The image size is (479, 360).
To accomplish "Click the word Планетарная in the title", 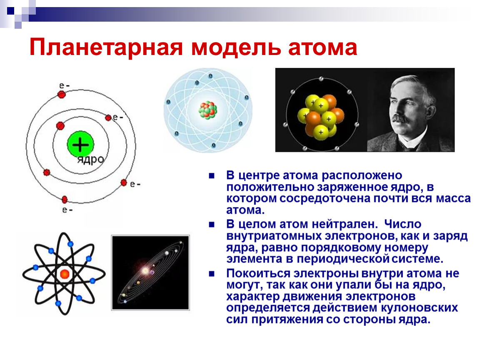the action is (x=106, y=48).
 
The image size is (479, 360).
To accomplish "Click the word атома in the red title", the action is (x=322, y=47).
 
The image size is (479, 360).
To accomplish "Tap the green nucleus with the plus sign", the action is (x=80, y=144).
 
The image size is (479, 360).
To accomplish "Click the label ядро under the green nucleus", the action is (x=90, y=160).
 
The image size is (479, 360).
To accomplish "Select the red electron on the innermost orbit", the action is (x=60, y=125).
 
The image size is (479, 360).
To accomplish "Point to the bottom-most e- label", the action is (x=67, y=210).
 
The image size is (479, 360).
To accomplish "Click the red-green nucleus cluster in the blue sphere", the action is (x=208, y=110).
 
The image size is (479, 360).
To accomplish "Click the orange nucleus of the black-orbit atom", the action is (x=65, y=274).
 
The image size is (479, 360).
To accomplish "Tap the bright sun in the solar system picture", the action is (x=145, y=270).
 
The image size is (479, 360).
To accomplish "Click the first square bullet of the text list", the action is (x=212, y=176).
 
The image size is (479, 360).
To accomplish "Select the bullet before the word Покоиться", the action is (x=212, y=273).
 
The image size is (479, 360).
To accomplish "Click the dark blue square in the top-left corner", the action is (x=11, y=11).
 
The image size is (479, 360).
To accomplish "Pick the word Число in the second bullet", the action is (x=403, y=224).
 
